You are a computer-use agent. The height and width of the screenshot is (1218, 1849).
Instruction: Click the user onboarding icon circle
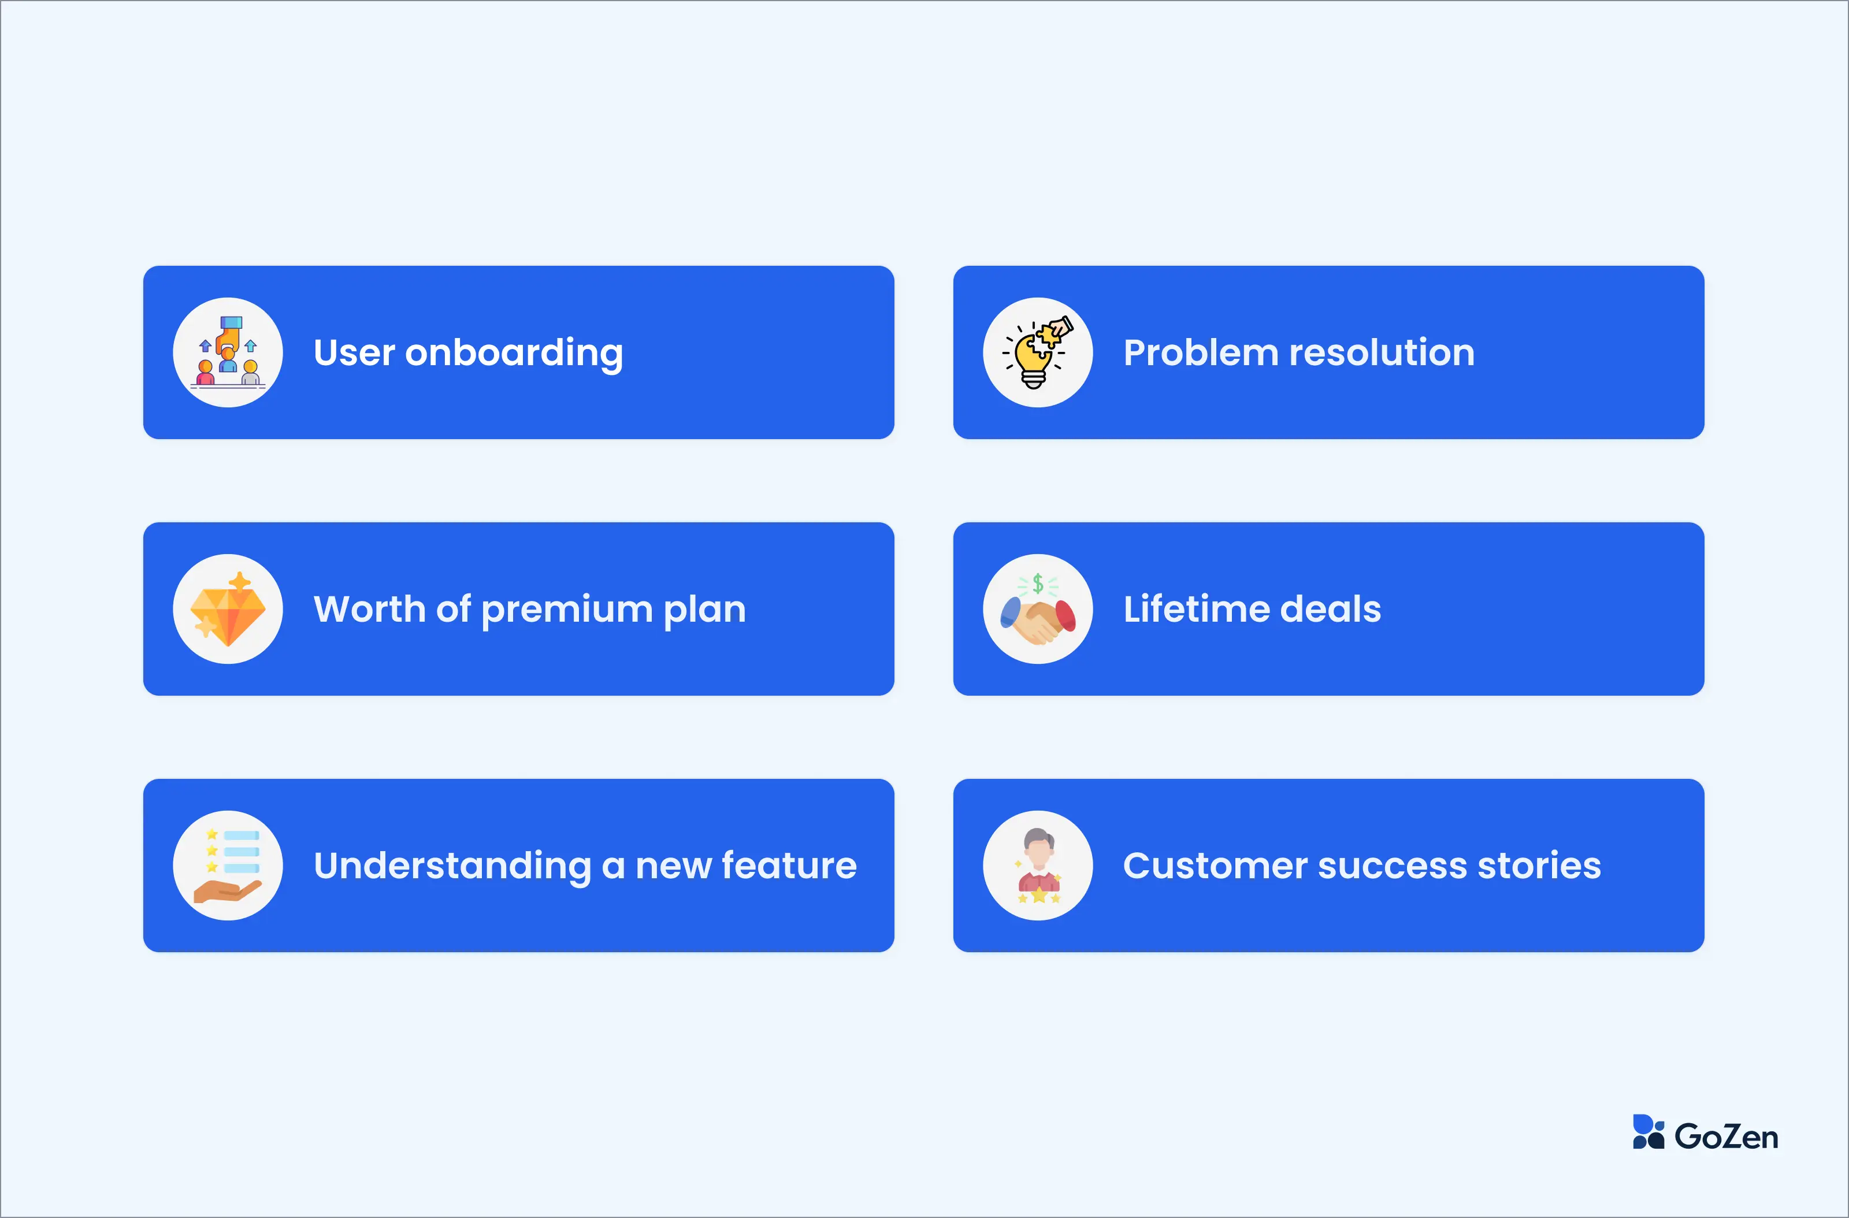pyautogui.click(x=228, y=352)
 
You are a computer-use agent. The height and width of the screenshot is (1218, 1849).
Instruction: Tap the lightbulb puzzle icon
pyautogui.click(x=1037, y=352)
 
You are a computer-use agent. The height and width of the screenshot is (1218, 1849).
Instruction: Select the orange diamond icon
pyautogui.click(x=228, y=609)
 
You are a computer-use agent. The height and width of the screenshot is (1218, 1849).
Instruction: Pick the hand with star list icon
pyautogui.click(x=228, y=866)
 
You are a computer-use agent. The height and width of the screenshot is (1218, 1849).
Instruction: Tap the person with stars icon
pyautogui.click(x=1038, y=866)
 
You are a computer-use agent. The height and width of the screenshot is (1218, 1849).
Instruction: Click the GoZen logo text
pyautogui.click(x=1727, y=1137)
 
